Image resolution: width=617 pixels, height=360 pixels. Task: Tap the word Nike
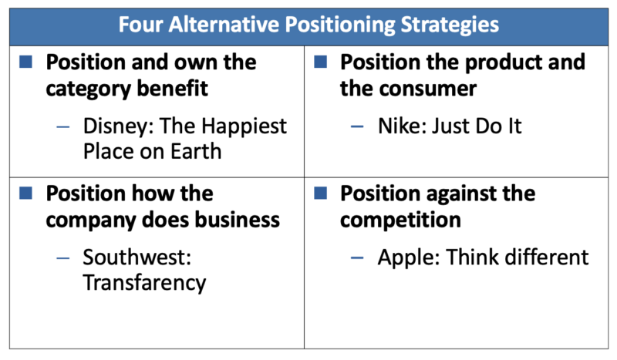click(x=400, y=126)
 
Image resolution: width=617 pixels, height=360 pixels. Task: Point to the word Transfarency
click(x=143, y=283)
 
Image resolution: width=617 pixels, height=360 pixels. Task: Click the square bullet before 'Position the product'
click(x=322, y=61)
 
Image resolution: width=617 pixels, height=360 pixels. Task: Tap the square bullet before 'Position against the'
click(x=322, y=192)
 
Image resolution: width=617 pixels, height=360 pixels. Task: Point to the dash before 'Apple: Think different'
click(x=357, y=257)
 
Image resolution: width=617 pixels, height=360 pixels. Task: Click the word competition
click(x=400, y=220)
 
